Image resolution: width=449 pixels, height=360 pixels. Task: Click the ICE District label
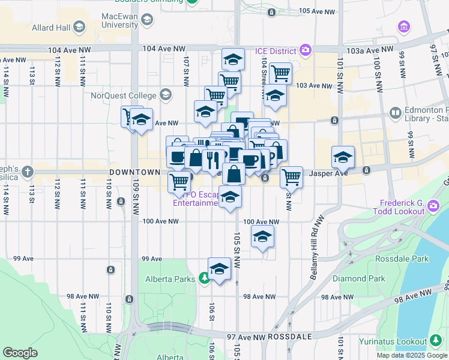tap(276, 50)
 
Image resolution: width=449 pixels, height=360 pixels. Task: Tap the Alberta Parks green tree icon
tap(205, 278)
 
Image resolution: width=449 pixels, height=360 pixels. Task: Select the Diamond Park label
tap(367, 278)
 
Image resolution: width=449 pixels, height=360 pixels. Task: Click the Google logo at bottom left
tap(20, 353)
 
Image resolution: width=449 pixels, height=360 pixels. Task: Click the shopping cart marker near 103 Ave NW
tap(280, 73)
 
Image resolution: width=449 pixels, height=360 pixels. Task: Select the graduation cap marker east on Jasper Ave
tap(343, 157)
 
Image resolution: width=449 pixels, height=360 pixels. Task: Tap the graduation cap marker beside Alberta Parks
tap(220, 268)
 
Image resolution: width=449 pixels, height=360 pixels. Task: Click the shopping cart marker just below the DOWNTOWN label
tap(179, 181)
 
